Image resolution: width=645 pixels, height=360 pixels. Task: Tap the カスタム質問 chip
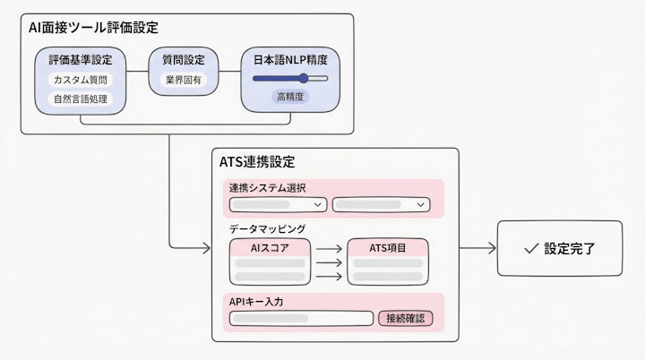coord(79,80)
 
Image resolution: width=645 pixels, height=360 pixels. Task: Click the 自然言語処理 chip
coord(79,99)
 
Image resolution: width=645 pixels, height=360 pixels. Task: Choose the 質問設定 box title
coord(184,60)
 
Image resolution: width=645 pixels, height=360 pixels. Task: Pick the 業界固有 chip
coord(184,80)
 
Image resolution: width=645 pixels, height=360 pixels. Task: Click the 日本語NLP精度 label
coord(290,60)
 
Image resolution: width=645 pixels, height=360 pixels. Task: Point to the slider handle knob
coord(304,79)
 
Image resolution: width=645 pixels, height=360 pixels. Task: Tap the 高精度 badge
coord(290,97)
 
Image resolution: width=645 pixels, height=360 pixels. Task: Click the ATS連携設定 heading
coord(257,162)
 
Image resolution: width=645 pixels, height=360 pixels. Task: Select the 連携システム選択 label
coord(267,188)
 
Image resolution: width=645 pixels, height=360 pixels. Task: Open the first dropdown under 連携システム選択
coord(278,205)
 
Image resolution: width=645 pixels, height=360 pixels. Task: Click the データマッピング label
coord(267,229)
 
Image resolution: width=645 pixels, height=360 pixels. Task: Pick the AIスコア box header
coord(271,247)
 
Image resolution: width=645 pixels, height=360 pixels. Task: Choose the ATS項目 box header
coord(387,247)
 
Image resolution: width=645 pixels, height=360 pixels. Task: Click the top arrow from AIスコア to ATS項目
coord(329,248)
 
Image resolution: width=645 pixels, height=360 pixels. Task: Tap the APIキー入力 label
coord(256,302)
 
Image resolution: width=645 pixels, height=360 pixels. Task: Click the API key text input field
coord(301,318)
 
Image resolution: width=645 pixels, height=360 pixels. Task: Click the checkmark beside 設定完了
coord(530,248)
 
